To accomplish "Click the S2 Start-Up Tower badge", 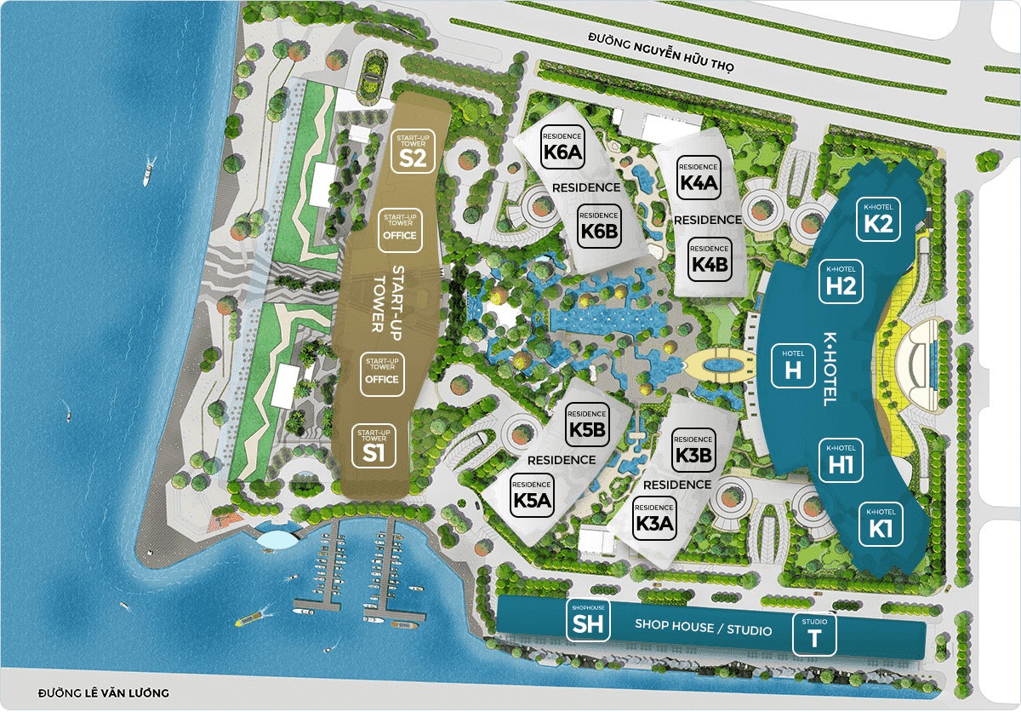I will pos(413,152).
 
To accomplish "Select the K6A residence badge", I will pos(562,147).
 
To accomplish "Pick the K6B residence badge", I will pos(598,226).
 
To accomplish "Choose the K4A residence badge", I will pos(699,178).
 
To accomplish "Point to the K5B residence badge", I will pos(588,423).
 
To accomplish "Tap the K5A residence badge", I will pos(533,494).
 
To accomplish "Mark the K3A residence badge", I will pos(654,519).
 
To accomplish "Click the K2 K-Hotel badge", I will pos(878,220).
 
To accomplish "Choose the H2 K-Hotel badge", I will pos(841,282).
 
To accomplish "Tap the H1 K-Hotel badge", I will pos(841,460).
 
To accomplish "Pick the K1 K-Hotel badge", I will pos(880,524).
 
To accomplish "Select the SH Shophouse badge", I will pos(588,620).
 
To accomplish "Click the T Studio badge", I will pos(814,635).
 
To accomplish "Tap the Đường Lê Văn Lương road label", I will pos(104,692).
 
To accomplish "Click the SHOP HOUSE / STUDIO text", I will pos(704,629).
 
